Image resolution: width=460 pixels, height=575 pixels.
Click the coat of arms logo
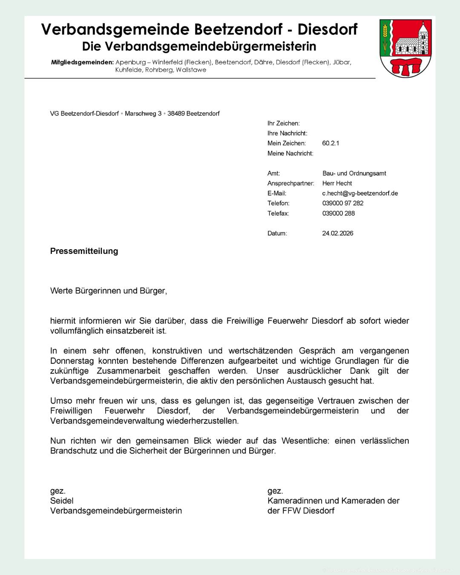(405, 48)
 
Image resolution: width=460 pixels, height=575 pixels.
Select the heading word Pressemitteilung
(84, 251)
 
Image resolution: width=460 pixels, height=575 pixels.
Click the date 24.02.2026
(338, 233)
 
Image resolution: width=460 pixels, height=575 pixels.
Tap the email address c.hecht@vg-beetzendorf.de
(360, 193)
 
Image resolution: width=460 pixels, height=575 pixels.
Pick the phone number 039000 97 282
(343, 203)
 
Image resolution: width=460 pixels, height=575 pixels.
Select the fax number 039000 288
(339, 213)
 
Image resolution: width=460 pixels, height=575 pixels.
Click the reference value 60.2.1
(331, 143)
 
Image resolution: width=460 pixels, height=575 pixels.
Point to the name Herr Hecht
(337, 183)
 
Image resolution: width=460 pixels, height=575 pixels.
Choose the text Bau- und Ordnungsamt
(354, 173)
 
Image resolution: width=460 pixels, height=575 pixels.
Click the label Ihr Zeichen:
(284, 123)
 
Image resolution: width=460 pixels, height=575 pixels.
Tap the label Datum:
(277, 233)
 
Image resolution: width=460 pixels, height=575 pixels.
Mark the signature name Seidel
(62, 500)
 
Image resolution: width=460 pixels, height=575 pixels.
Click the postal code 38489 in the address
(176, 113)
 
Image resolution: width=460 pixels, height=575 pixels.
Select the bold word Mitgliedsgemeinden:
(82, 62)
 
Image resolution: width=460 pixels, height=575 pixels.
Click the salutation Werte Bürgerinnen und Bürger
(109, 291)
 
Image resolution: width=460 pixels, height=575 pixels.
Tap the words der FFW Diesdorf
(301, 510)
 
